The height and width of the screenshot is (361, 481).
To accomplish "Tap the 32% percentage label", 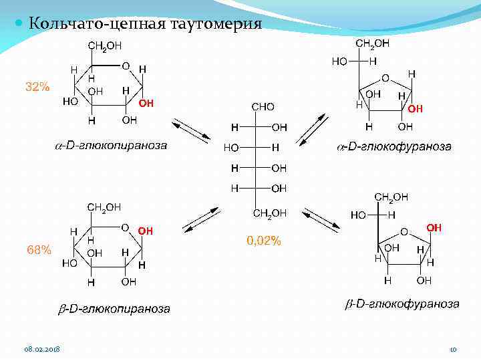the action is click(37, 87).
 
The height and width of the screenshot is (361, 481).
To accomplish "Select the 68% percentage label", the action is click(39, 250).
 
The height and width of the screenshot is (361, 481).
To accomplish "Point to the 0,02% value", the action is click(264, 241).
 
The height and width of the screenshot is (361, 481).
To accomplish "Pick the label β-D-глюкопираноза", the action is click(112, 309).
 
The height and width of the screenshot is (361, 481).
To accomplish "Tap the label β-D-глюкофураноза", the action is click(402, 304).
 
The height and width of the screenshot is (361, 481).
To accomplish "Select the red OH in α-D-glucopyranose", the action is click(146, 104).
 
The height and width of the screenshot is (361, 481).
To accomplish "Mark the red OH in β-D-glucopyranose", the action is click(146, 231).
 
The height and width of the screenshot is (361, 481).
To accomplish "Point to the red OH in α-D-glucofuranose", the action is click(415, 108).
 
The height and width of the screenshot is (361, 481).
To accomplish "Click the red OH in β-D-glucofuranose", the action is click(434, 228).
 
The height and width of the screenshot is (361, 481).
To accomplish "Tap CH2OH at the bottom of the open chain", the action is click(270, 213).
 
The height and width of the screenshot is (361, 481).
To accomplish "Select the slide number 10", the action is click(452, 350).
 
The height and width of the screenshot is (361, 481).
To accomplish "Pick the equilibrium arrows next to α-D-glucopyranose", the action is click(190, 131).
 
